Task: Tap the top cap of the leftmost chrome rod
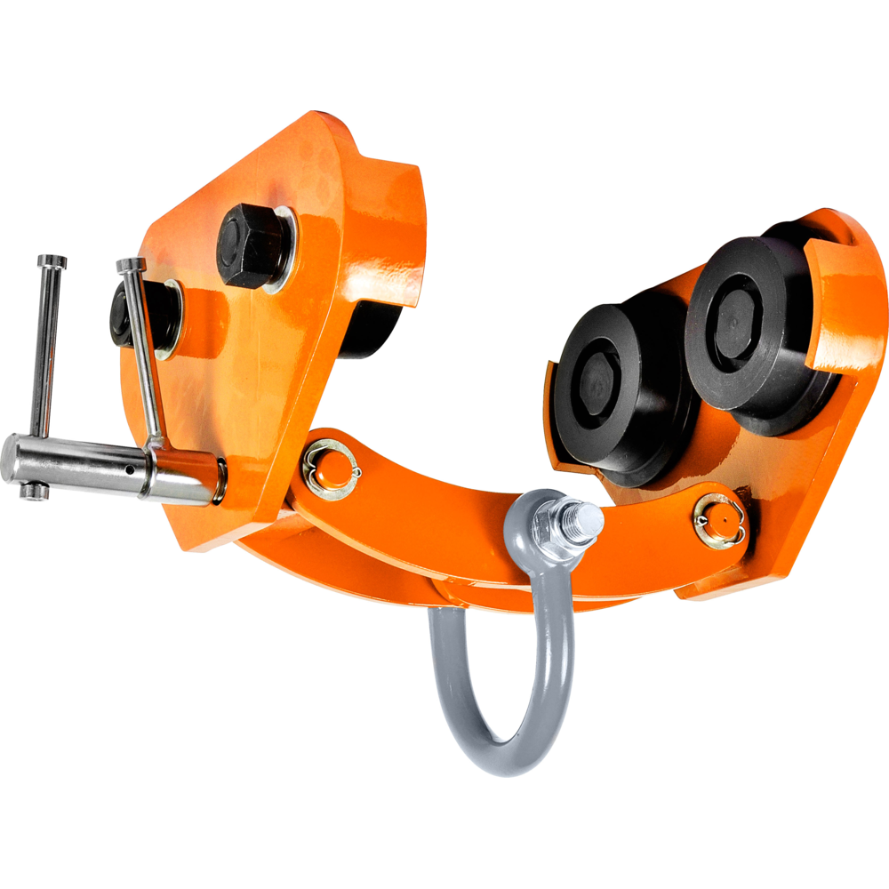pos(52,261)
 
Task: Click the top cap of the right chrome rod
pos(131,264)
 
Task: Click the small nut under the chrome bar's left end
pos(35,491)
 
